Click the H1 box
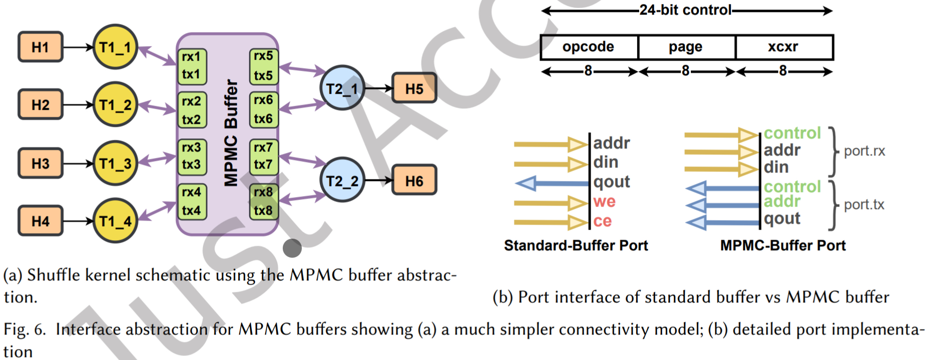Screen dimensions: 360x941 pyautogui.click(x=40, y=47)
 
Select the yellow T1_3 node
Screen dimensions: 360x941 pyautogui.click(x=115, y=163)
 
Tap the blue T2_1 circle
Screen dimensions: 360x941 pyautogui.click(x=342, y=89)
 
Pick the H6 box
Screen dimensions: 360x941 pyautogui.click(x=414, y=181)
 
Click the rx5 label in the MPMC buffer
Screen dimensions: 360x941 pyautogui.click(x=263, y=56)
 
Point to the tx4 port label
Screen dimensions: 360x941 pyautogui.click(x=191, y=211)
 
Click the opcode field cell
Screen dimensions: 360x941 pyautogui.click(x=588, y=47)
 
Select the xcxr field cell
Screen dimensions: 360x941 pyautogui.click(x=783, y=47)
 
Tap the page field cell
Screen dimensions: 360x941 pyautogui.click(x=685, y=47)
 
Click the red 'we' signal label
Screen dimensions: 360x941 pyautogui.click(x=604, y=202)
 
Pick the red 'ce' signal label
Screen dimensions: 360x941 pyautogui.click(x=603, y=221)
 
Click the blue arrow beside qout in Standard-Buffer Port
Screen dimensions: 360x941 pyautogui.click(x=551, y=183)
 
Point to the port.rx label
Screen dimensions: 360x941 pyautogui.click(x=864, y=151)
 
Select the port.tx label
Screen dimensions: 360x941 pyautogui.click(x=864, y=205)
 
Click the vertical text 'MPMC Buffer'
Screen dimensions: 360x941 pyautogui.click(x=230, y=133)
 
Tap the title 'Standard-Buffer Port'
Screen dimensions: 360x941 pyautogui.click(x=576, y=245)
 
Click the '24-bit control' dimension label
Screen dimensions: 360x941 pyautogui.click(x=685, y=10)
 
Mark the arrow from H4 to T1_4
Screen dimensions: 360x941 pyautogui.click(x=78, y=221)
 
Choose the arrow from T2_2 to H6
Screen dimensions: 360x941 pyautogui.click(x=378, y=181)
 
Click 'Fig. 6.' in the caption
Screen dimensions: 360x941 pyautogui.click(x=25, y=329)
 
